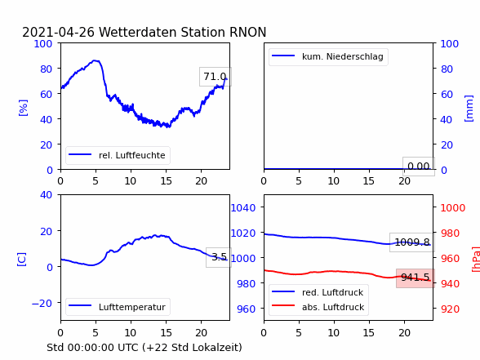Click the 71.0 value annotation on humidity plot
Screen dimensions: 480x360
[x=216, y=77]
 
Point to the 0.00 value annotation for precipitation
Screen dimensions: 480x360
[x=419, y=167]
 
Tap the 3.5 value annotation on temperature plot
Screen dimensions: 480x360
[x=219, y=257]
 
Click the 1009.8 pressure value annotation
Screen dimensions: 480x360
[x=412, y=242]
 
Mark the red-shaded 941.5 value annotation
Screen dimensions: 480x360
[x=416, y=278]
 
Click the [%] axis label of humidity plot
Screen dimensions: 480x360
[x=23, y=108]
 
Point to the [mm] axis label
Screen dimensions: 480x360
[x=469, y=109]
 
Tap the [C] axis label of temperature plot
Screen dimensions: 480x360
[x=21, y=260]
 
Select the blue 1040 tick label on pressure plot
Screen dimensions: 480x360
[x=243, y=208]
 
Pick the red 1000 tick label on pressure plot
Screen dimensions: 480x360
[x=453, y=208]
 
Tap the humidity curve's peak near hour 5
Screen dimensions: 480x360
[x=95, y=60]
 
